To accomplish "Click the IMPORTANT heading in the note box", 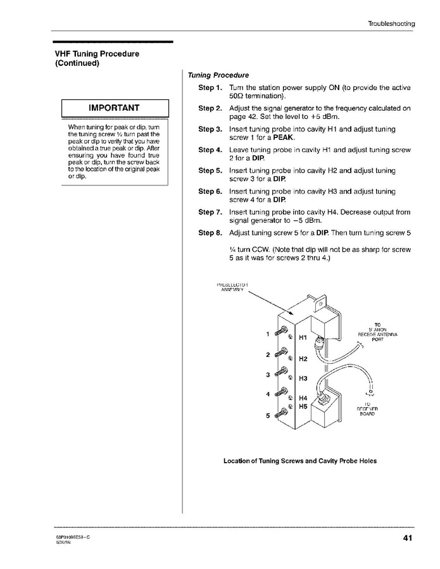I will [x=114, y=108].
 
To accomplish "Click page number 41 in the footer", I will [x=408, y=539].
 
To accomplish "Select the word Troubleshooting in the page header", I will [x=391, y=24].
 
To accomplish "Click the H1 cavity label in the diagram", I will [x=302, y=338].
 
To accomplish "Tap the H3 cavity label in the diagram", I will [x=302, y=378].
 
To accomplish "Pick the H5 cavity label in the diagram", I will [x=302, y=406].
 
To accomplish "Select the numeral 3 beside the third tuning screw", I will [x=268, y=375].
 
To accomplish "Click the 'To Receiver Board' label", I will [x=367, y=409].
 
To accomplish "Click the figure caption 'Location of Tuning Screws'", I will [x=300, y=461].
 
